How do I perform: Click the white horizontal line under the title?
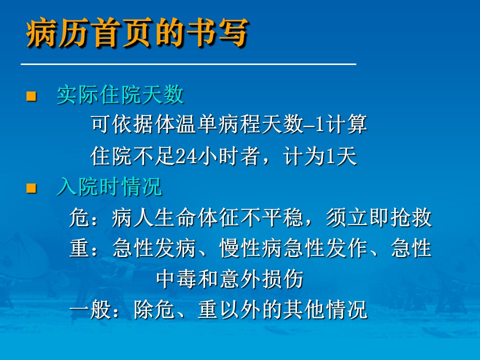click(188, 64)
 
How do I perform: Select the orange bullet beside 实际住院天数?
click(31, 96)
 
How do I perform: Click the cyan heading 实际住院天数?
click(120, 94)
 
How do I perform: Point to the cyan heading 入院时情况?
click(109, 186)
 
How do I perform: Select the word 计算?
click(346, 124)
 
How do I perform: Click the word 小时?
click(218, 156)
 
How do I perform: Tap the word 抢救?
click(411, 217)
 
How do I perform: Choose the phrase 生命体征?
click(197, 217)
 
